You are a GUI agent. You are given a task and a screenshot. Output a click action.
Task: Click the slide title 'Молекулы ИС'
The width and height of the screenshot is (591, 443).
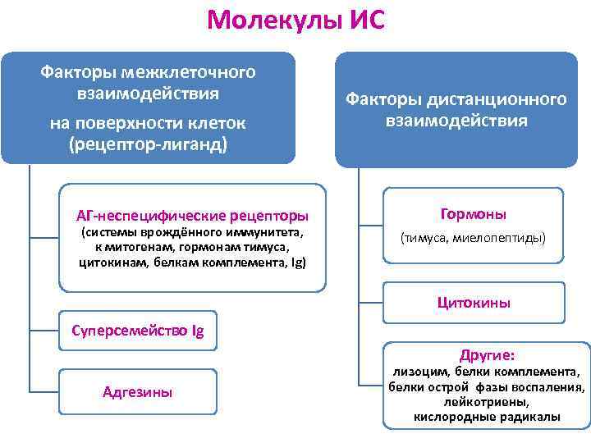[295, 20]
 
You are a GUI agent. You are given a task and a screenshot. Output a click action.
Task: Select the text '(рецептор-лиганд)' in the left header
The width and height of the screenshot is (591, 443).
[149, 144]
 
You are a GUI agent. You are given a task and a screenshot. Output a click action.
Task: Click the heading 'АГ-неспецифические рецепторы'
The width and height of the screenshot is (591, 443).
[192, 217]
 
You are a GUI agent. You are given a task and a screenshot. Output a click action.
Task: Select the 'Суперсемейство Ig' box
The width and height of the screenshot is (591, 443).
[138, 332]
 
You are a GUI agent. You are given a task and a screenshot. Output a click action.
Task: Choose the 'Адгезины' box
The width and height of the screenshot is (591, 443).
[138, 392]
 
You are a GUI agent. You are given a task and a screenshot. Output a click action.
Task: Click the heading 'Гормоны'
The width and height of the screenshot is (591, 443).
[474, 214]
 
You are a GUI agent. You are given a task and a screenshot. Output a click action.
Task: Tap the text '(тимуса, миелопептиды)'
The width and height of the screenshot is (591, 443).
[474, 239]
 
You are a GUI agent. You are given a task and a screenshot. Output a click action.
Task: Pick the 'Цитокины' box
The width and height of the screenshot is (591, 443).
[474, 303]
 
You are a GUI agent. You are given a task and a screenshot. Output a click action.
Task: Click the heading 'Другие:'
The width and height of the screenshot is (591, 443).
[488, 355]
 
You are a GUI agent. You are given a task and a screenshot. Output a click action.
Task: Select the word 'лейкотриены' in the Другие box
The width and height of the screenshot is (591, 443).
[486, 402]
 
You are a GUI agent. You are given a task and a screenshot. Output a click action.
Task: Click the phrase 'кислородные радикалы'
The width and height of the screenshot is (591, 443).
[487, 417]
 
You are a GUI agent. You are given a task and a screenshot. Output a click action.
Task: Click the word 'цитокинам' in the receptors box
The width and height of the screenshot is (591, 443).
[114, 263]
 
